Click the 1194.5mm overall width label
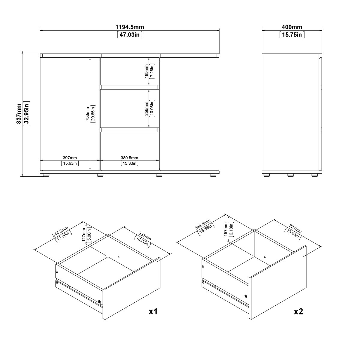coord(130,27)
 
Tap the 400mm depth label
coord(292,27)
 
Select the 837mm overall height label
coord(19,114)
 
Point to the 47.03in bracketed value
coord(130,35)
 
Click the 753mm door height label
coord(87,114)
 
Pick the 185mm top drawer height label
coord(146,71)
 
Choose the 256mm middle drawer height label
coord(146,109)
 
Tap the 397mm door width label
coord(70,158)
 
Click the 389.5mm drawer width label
coord(130,158)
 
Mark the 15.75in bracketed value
coord(292,35)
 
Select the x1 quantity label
coord(153,311)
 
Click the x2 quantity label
coord(298,311)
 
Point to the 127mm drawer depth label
coord(84,235)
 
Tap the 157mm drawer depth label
coord(226,229)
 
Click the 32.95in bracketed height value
coord(27,114)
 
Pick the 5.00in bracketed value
coord(89,235)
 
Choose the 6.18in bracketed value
coord(231,229)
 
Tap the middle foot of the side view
coord(290,175)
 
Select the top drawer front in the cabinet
coord(130,71)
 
